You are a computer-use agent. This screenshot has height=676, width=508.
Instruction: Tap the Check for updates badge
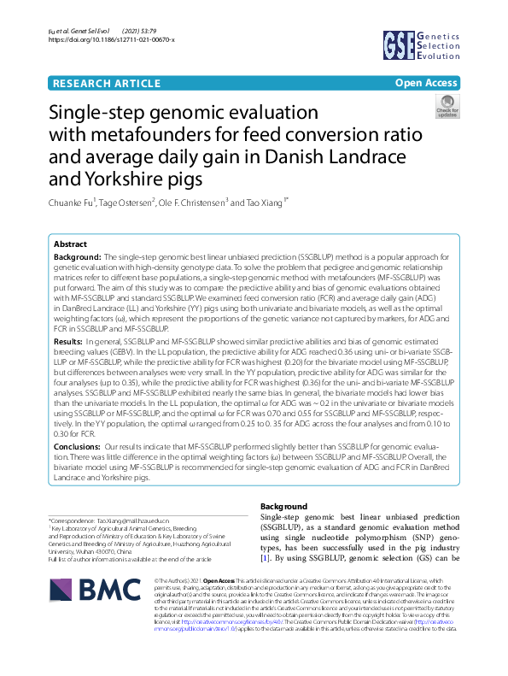[x=447, y=107]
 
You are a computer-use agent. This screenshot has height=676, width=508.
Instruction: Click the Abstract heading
[x=70, y=244]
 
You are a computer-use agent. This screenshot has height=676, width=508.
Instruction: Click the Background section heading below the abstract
[x=283, y=507]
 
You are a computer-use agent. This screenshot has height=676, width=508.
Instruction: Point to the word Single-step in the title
[x=105, y=114]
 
